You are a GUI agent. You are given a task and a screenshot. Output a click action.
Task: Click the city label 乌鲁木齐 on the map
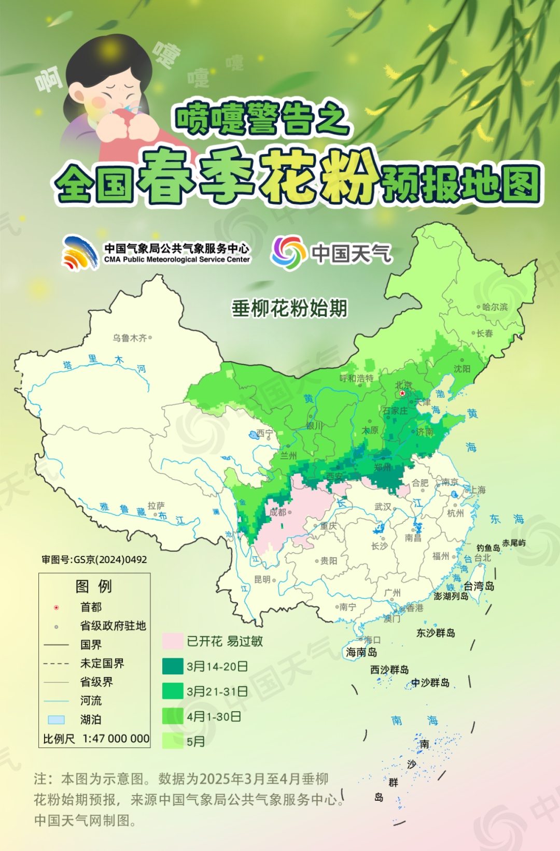tap(130, 338)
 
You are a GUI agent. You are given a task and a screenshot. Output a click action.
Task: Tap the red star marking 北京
tap(402, 393)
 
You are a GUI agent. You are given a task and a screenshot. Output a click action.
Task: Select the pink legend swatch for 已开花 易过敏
tap(173, 641)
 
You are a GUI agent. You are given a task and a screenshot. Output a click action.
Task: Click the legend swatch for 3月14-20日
tap(173, 666)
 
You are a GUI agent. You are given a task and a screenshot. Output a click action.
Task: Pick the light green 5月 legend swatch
tap(173, 741)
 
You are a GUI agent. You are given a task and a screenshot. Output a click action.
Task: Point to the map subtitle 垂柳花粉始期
tap(289, 308)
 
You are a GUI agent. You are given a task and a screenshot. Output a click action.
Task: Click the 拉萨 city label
tap(156, 506)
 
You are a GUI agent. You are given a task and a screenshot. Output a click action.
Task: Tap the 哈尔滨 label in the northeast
tap(495, 307)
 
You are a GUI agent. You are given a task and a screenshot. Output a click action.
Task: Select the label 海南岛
tap(361, 652)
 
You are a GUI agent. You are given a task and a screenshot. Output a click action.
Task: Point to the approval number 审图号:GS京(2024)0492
tap(94, 559)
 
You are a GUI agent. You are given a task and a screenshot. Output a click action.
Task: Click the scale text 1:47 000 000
tap(116, 739)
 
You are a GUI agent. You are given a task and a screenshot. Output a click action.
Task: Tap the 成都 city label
tap(277, 512)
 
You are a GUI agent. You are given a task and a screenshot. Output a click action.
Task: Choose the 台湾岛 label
tap(479, 586)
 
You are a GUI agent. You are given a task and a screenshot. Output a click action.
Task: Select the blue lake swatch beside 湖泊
tap(56, 719)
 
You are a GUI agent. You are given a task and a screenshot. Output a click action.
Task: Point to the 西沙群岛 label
tap(389, 669)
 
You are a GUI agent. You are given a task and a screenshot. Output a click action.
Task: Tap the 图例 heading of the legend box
tap(93, 586)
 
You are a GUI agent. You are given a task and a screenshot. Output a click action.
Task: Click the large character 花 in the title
tap(288, 176)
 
